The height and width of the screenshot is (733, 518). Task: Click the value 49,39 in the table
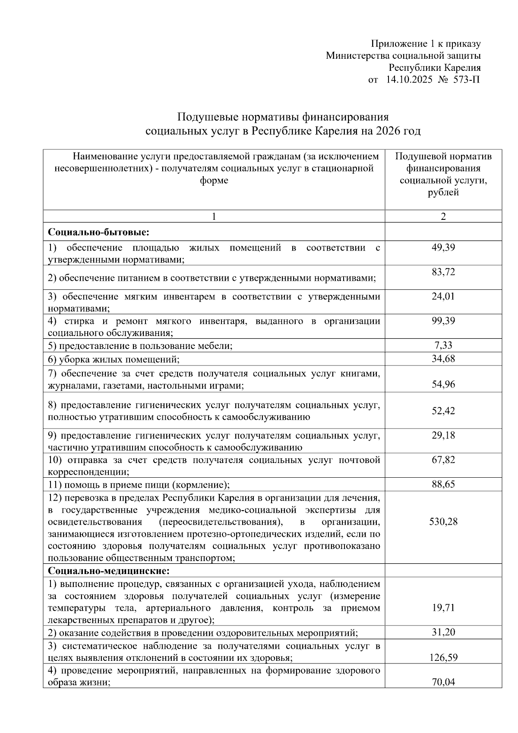(x=443, y=248)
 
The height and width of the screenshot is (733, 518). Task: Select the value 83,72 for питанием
(x=443, y=272)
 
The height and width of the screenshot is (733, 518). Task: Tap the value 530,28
(x=443, y=521)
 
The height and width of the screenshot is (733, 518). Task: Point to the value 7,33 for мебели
(x=443, y=345)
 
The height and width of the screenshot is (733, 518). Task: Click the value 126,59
(x=443, y=657)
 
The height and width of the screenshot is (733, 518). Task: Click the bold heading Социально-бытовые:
(x=98, y=232)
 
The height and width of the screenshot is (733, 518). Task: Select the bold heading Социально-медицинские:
(x=109, y=571)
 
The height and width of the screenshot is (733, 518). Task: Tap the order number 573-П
(x=466, y=79)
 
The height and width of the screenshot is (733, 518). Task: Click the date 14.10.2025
(x=409, y=79)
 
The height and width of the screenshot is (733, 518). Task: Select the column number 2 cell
(x=443, y=216)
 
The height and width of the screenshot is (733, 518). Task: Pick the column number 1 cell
(x=214, y=216)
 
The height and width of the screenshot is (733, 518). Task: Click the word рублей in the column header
(x=443, y=193)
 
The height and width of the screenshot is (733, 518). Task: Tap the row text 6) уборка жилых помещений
(x=114, y=359)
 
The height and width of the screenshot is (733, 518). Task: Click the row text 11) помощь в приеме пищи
(x=139, y=484)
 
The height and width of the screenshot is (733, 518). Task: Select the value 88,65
(x=443, y=484)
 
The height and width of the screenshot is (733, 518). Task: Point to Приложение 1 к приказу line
(x=426, y=44)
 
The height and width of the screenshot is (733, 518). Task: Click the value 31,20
(x=443, y=632)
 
